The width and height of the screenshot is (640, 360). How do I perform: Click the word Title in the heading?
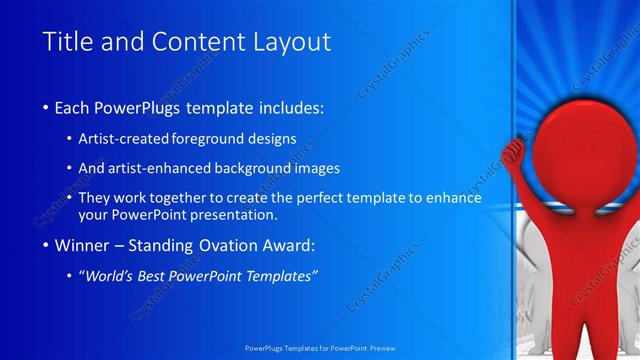click(68, 42)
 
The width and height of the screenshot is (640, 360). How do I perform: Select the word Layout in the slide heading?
click(289, 42)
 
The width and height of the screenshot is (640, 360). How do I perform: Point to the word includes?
click(286, 106)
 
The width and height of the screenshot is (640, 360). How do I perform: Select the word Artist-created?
click(124, 139)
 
